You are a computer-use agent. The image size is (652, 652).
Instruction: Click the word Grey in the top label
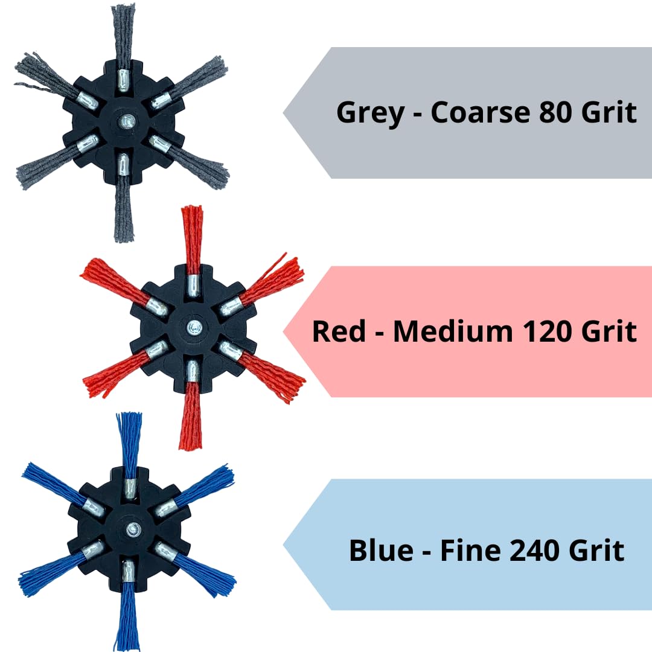(x=370, y=113)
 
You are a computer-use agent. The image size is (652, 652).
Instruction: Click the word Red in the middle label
(x=339, y=331)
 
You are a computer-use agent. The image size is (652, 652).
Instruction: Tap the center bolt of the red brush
(x=192, y=327)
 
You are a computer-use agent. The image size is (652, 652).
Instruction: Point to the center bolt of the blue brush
(x=133, y=530)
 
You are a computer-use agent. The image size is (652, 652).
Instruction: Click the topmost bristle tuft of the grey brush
(x=124, y=37)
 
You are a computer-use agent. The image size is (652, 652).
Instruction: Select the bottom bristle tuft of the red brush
(x=191, y=416)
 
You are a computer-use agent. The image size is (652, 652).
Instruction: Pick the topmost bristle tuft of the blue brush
(x=129, y=446)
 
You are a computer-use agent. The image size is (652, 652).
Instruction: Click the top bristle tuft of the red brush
(x=192, y=240)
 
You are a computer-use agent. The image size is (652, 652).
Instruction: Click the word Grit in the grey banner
(x=609, y=112)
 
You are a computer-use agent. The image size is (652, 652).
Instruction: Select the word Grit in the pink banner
(x=609, y=331)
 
